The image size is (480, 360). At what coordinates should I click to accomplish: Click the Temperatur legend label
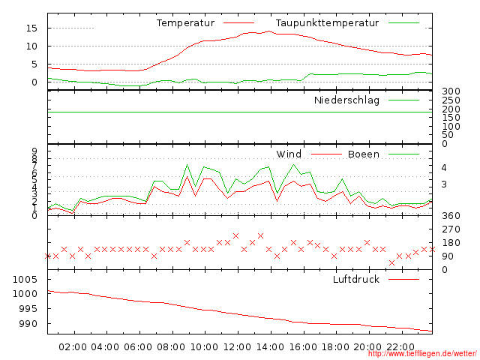click(185, 23)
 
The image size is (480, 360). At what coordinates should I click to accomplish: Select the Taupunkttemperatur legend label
click(327, 23)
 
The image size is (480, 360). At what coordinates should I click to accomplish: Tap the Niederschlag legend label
click(346, 100)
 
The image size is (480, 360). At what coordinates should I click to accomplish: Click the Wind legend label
click(289, 154)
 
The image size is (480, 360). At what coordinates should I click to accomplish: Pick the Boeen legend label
click(364, 154)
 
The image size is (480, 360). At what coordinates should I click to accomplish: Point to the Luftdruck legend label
click(356, 279)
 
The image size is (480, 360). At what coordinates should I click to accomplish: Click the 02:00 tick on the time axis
click(73, 346)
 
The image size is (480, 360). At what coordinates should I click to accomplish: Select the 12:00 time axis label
click(238, 346)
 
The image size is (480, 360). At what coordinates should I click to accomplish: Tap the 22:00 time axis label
click(401, 346)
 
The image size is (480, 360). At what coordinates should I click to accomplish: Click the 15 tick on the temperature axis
click(31, 28)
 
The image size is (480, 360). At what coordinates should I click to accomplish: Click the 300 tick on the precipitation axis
click(450, 91)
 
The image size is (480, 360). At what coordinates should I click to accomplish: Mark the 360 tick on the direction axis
click(450, 216)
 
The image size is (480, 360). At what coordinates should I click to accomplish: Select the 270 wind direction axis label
click(450, 229)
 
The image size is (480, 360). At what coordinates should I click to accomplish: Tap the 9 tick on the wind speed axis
click(34, 151)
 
